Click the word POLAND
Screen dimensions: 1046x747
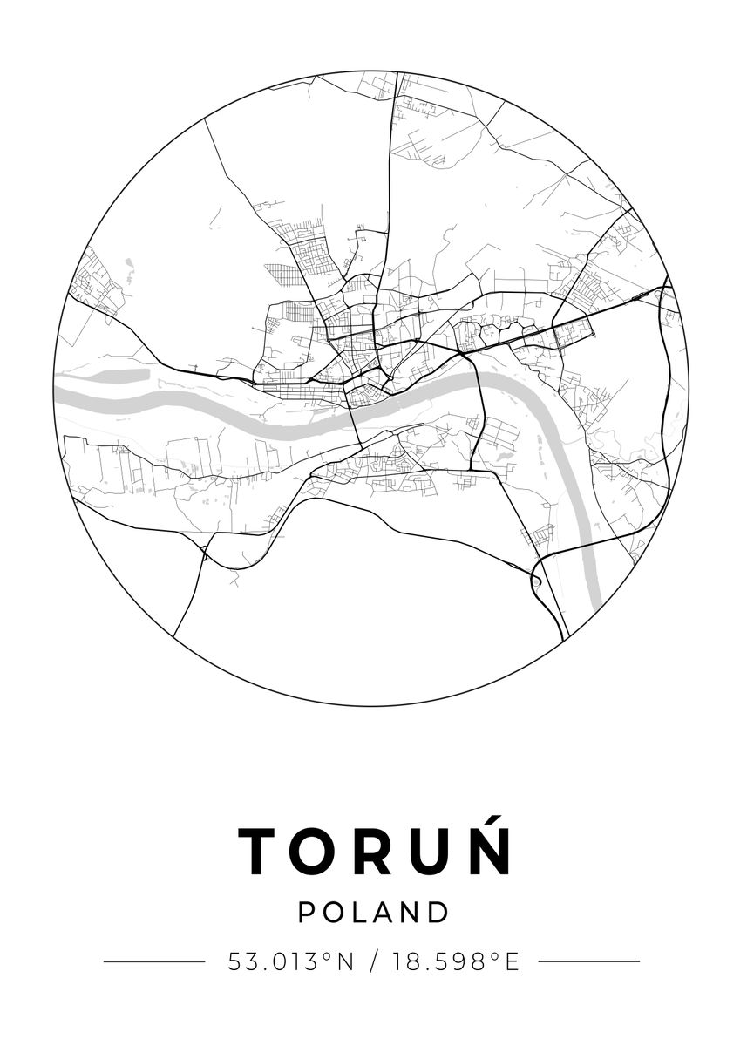coord(374,913)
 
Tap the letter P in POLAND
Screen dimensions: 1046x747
coord(307,913)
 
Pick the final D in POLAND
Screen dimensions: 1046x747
coord(439,913)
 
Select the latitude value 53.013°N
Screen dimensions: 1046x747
coord(291,961)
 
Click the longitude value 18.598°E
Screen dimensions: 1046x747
coord(456,961)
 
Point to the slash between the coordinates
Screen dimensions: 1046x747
coord(374,961)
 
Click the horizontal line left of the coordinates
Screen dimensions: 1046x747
coord(154,961)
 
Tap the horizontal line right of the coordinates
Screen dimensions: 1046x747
coord(589,961)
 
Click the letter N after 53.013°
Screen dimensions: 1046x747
coord(345,961)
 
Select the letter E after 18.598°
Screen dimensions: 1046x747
coord(512,961)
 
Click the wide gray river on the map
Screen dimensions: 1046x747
coord(218,406)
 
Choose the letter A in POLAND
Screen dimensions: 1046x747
coord(386,913)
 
